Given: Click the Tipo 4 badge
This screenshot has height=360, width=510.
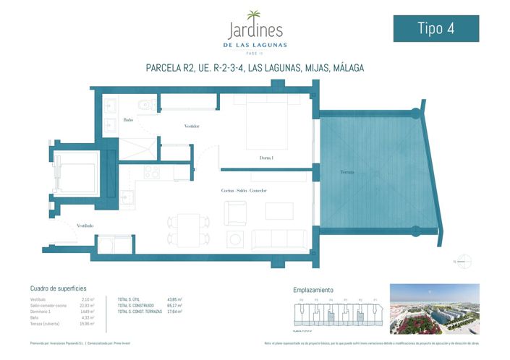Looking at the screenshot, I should pos(435,28).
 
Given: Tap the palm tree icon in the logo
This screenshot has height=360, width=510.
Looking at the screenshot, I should pos(255,15).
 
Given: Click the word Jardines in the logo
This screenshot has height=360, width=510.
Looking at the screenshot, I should pos(255,31).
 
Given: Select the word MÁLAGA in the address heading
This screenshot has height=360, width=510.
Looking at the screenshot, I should pos(343,68).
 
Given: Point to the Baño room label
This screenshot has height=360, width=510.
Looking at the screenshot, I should pos(128,120).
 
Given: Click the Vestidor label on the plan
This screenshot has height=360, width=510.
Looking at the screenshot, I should pos(191,126).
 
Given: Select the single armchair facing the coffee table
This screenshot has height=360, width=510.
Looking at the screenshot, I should pos(236,212).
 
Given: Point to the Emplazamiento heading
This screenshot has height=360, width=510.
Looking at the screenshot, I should pos(313,288).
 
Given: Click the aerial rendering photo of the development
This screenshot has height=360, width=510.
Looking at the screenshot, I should pos(434,309).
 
